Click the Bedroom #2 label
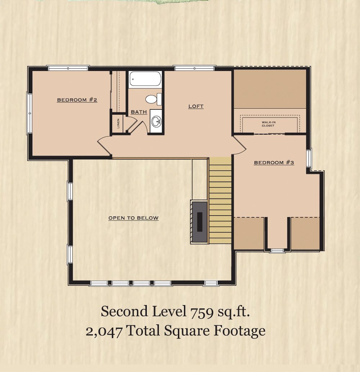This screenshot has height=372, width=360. pos(77,100)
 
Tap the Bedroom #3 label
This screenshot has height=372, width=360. pos(274,163)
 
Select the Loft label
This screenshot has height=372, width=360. pos(196,106)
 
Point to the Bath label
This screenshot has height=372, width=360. pos(139,112)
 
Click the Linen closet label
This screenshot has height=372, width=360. pos(118,123)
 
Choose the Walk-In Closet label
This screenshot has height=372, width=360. pos(269,124)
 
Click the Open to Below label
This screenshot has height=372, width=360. pos(134,218)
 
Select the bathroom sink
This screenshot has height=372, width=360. pos(157,121)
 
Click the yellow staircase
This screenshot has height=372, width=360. pos(220,200)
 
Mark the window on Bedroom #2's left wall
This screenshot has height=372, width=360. pos(30,113)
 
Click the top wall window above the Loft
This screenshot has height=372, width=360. pos(194,68)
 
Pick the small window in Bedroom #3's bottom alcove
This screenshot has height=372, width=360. pos(278,250)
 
